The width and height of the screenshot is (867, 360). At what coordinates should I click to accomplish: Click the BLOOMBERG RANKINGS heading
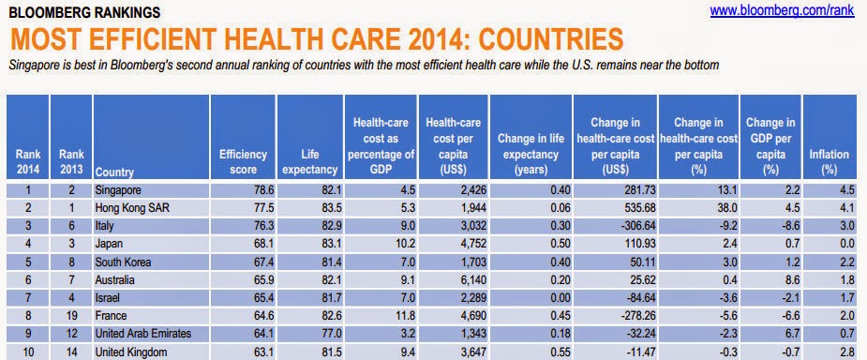(85, 12)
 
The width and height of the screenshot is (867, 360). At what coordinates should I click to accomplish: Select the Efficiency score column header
(243, 162)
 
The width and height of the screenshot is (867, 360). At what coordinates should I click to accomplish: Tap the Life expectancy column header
(309, 162)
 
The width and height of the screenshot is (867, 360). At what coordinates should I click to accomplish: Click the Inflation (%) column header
(829, 162)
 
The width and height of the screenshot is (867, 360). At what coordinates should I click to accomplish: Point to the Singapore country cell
(118, 190)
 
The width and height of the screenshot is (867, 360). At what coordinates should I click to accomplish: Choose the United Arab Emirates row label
(143, 334)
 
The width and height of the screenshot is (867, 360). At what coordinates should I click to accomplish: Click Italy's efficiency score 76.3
(257, 226)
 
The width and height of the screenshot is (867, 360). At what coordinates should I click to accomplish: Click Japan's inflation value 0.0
(842, 244)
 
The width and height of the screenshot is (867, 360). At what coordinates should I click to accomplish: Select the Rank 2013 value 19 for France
(71, 316)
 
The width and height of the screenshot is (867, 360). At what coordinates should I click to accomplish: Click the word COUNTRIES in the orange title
(551, 39)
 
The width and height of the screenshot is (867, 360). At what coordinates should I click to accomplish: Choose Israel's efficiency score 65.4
(257, 298)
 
